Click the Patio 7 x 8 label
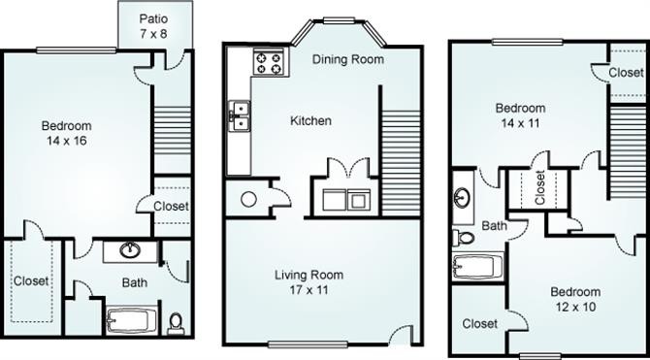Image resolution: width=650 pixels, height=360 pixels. click(x=153, y=26)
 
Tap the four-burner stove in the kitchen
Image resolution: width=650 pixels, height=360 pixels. click(x=269, y=61)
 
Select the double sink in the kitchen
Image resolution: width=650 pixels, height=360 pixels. click(x=240, y=116)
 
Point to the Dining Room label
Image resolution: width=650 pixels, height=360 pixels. click(x=348, y=59)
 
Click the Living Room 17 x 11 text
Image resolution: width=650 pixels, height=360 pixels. click(x=309, y=282)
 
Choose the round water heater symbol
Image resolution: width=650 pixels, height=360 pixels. click(x=248, y=200)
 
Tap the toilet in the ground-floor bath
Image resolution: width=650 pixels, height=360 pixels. click(x=176, y=323)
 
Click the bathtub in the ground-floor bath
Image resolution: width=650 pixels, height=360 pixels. click(x=131, y=319)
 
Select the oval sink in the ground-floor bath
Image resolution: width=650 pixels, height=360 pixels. click(x=130, y=250)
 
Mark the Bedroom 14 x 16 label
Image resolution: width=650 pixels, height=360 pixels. click(x=67, y=133)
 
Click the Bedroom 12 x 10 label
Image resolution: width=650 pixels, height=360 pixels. click(x=575, y=299)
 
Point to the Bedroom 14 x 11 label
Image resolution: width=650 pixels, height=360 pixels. click(x=521, y=115)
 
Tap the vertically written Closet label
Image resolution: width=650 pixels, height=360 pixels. click(x=539, y=188)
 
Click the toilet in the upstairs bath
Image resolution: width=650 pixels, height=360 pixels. click(x=464, y=238)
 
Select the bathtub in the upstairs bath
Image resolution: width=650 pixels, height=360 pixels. click(x=478, y=267)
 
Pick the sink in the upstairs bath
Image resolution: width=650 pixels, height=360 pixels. click(x=462, y=195)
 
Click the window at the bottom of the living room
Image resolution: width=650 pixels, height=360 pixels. click(x=308, y=344)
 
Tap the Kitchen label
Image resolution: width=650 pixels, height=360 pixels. click(x=310, y=121)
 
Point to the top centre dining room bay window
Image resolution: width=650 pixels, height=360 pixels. click(x=340, y=20)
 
